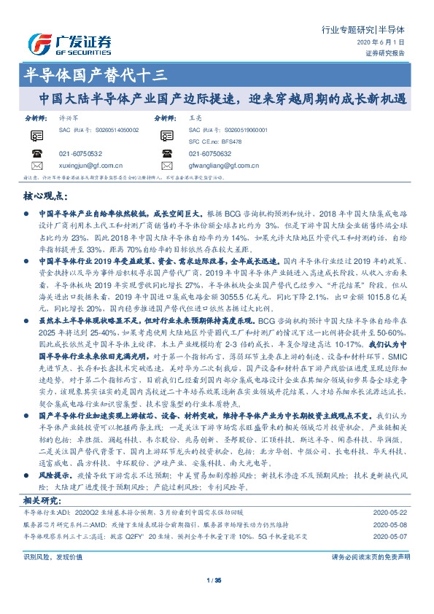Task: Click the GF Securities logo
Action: pyautogui.click(x=69, y=44)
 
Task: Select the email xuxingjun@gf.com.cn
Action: pyautogui.click(x=90, y=166)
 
